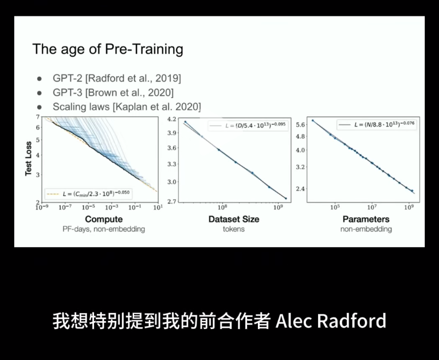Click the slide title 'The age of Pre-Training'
(x=108, y=49)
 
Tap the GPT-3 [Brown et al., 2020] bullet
(x=113, y=93)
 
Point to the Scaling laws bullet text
(x=127, y=107)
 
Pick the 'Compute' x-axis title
(x=104, y=219)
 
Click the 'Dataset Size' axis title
(x=233, y=219)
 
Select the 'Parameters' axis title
(x=366, y=219)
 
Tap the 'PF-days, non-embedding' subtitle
(x=104, y=229)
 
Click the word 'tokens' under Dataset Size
(x=233, y=229)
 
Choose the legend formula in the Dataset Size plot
(x=247, y=124)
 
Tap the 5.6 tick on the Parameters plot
(x=300, y=124)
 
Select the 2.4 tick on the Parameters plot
(x=300, y=189)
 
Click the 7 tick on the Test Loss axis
(x=38, y=117)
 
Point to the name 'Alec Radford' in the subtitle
(x=331, y=321)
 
